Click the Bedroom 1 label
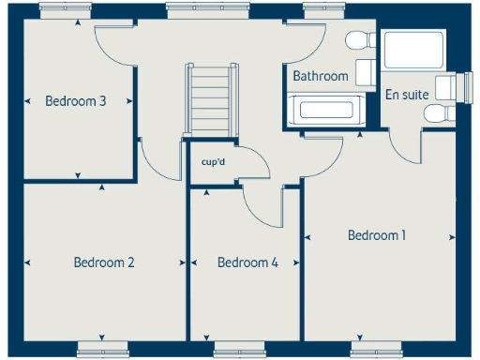376,235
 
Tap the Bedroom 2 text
103,262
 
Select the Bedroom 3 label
75,101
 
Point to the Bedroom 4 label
247,263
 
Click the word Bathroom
321,76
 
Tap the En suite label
406,94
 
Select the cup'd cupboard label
214,161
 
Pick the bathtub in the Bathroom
323,110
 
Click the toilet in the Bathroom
357,43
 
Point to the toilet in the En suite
437,112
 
